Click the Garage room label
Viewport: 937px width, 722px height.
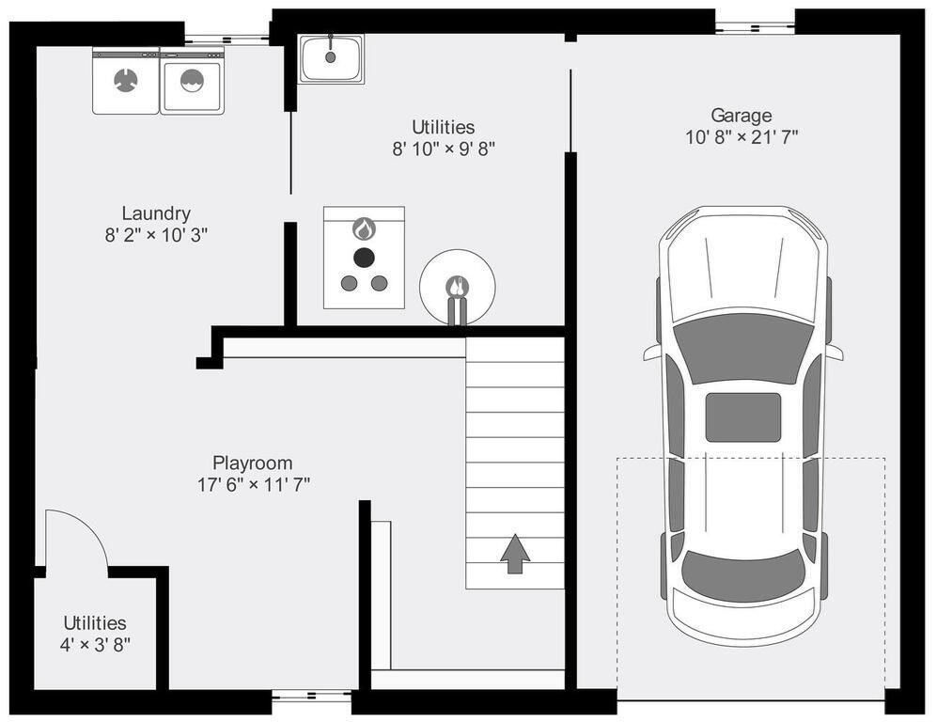click(x=741, y=116)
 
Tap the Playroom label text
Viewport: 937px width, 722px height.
click(x=253, y=463)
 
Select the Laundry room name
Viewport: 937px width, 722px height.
click(x=156, y=213)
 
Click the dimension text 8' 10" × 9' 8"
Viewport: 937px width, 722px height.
click(x=444, y=149)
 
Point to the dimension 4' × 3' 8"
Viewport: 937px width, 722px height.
click(x=95, y=645)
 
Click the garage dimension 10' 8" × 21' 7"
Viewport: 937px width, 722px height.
click(x=741, y=137)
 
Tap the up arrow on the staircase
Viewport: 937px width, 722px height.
click(x=515, y=554)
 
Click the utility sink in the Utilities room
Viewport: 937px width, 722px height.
click(x=332, y=58)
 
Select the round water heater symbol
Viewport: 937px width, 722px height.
click(x=457, y=288)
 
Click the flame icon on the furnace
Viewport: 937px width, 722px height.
click(x=364, y=228)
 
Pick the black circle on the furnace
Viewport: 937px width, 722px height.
click(x=364, y=258)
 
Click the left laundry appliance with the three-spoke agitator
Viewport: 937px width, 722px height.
click(x=126, y=81)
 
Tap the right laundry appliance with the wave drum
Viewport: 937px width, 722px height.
click(x=192, y=81)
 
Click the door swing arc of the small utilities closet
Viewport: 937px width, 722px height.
click(x=89, y=525)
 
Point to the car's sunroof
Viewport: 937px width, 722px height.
click(x=742, y=417)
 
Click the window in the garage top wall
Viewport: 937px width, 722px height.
click(x=756, y=27)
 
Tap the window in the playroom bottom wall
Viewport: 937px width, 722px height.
click(x=311, y=695)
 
